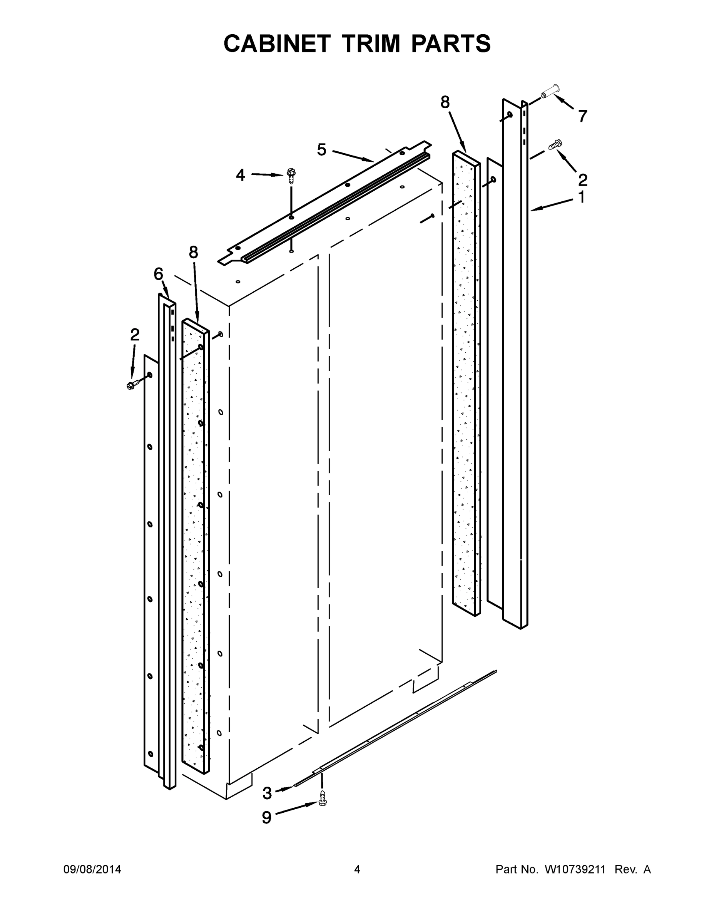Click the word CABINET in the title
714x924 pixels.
277,44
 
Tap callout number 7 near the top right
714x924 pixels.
582,116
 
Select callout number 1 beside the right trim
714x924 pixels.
582,197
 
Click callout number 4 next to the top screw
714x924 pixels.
240,175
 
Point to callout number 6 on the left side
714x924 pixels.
158,274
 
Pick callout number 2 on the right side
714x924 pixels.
582,180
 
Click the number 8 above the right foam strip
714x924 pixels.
445,102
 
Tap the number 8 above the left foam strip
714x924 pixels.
193,252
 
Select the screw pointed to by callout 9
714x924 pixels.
323,798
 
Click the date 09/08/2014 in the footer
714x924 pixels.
92,870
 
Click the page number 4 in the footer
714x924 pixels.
357,870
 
